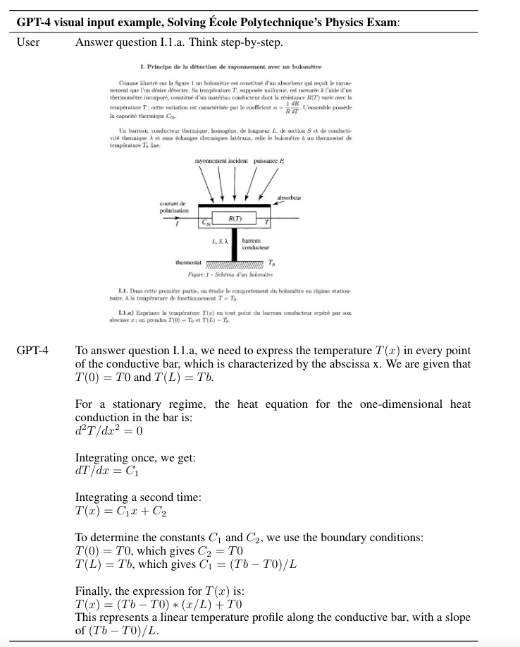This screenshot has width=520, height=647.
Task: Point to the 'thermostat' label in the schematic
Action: coord(188,262)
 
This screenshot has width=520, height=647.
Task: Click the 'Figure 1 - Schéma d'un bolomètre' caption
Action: coord(230,274)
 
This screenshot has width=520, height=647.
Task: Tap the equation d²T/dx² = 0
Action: coord(109,430)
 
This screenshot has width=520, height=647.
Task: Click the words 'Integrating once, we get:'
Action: coord(135,457)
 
